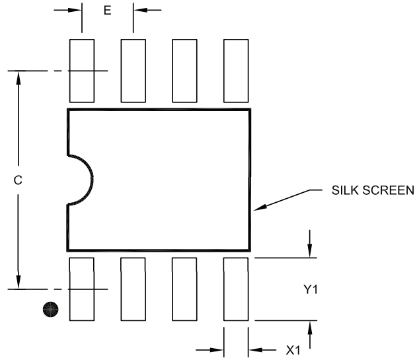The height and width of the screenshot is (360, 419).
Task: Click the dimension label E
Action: (107, 11)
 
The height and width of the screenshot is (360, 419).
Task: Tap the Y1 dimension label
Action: (311, 289)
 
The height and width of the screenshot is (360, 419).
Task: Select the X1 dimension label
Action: (293, 350)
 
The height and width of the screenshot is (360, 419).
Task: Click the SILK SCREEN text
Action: (373, 192)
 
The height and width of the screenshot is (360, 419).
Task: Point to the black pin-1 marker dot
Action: (50, 308)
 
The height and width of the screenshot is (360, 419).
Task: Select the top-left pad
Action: (81, 71)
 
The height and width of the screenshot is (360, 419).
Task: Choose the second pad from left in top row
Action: (133, 71)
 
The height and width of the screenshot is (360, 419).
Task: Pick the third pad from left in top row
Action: (184, 71)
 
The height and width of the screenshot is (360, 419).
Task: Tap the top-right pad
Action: (236, 71)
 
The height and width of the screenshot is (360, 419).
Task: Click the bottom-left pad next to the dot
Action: (81, 289)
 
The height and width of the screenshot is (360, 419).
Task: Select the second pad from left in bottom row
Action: (133, 289)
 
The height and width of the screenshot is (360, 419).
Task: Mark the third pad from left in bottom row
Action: (184, 289)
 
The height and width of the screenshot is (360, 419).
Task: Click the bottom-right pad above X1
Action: (236, 289)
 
